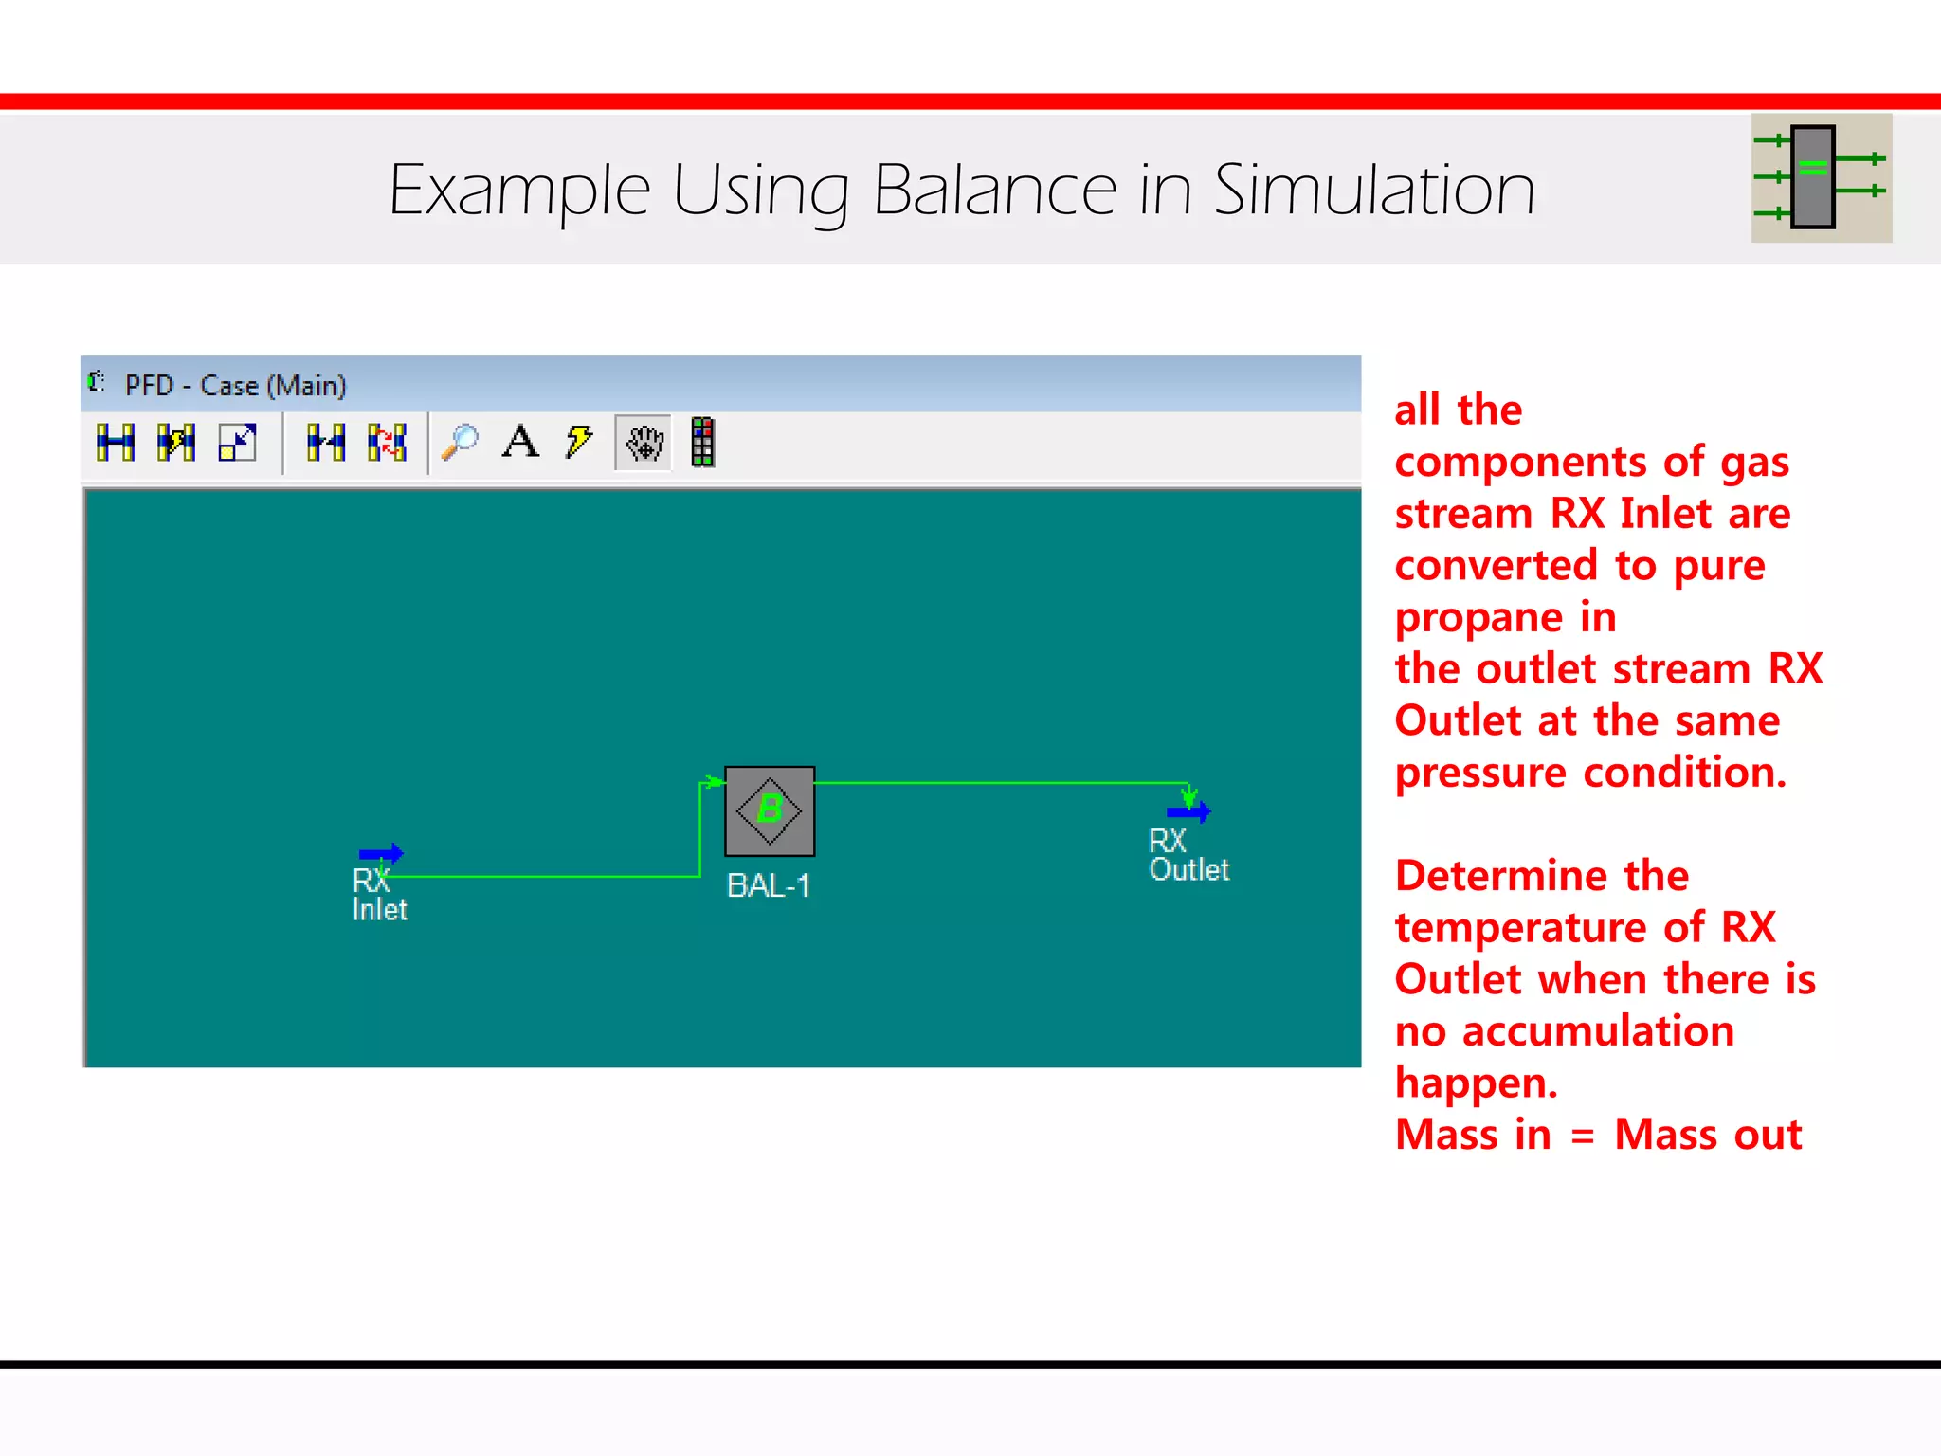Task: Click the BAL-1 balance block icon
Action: [770, 810]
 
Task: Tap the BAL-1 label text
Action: [768, 885]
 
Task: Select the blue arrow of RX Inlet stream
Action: [381, 853]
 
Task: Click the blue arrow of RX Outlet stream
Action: [1188, 811]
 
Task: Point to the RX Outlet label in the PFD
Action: [1188, 855]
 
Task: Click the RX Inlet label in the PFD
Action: [379, 895]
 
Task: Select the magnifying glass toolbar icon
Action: [461, 442]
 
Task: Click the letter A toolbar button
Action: [520, 442]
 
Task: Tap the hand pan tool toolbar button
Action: [644, 442]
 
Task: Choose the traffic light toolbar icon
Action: [702, 442]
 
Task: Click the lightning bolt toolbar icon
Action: [578, 442]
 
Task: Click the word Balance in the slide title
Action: [994, 191]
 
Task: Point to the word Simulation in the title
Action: [1373, 191]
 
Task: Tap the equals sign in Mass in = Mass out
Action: [1582, 1136]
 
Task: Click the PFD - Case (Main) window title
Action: [235, 386]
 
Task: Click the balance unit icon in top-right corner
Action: [1821, 177]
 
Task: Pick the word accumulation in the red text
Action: [1598, 1031]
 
